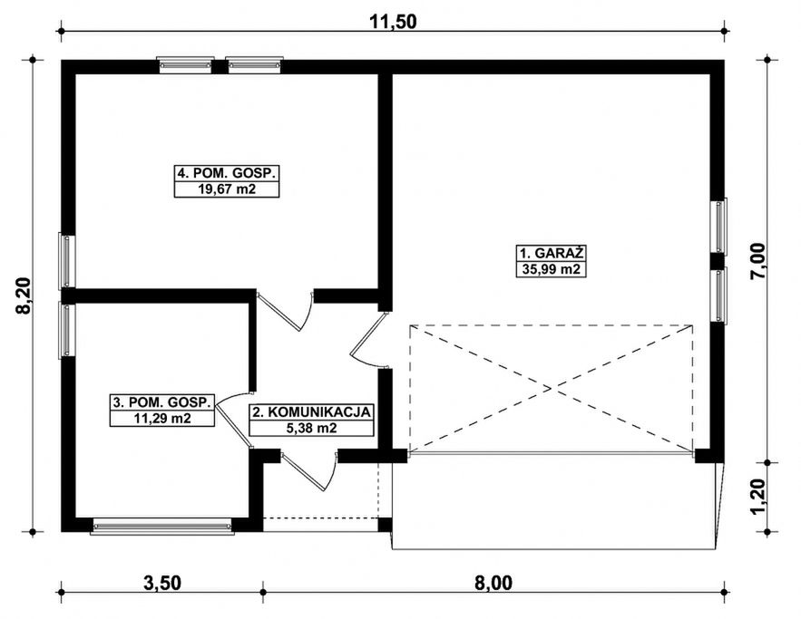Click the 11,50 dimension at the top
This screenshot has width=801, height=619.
(393, 22)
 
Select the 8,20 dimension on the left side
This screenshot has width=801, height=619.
(24, 296)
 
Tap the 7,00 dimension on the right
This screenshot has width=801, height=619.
(758, 260)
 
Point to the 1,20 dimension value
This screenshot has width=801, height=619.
(758, 497)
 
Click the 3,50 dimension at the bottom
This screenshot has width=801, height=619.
(162, 582)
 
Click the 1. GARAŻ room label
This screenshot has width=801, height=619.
(552, 253)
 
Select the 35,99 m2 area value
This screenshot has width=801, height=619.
(552, 269)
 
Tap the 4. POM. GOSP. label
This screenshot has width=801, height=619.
(227, 173)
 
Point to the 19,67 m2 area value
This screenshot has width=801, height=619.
(227, 189)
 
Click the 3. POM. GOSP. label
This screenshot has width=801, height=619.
(162, 402)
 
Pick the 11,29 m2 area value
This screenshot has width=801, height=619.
(162, 419)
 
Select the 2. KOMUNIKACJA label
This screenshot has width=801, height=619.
(311, 411)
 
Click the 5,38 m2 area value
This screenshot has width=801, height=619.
(312, 429)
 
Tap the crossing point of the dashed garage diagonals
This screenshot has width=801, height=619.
(552, 389)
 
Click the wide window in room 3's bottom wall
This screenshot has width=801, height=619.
(162, 527)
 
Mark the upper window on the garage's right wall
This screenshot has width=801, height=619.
(719, 226)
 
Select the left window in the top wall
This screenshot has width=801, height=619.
(185, 65)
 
